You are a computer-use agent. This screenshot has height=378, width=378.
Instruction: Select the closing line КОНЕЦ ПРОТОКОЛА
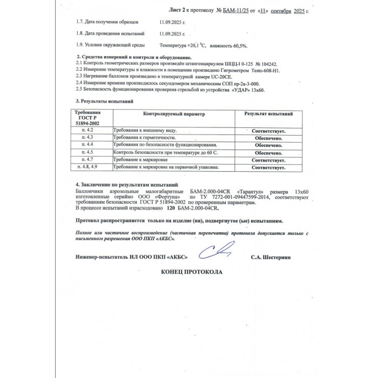[x=192, y=272]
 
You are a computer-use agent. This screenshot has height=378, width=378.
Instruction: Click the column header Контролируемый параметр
[x=174, y=114]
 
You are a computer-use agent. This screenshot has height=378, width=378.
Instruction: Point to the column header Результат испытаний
[x=268, y=114]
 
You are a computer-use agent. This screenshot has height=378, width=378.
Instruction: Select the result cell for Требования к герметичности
[x=268, y=139]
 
